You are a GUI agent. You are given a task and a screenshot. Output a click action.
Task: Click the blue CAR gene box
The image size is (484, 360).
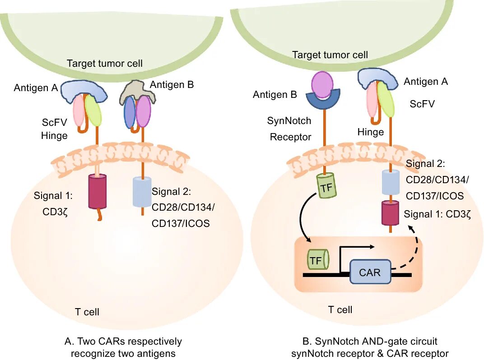[x=370, y=272]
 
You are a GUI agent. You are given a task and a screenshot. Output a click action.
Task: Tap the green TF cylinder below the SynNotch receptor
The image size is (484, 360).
[x=327, y=186]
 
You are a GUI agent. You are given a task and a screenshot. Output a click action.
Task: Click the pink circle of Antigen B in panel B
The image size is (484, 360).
[x=321, y=84]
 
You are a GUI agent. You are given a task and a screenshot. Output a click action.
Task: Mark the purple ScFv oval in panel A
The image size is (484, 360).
[x=144, y=112]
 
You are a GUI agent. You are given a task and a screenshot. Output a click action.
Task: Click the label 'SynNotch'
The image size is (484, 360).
[x=289, y=121]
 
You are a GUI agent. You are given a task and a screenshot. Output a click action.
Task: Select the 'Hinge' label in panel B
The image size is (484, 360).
[x=370, y=132]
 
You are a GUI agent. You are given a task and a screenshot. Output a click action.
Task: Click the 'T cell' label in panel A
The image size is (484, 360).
[x=87, y=312]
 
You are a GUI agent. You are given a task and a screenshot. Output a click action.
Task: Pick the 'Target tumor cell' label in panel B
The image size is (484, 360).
[x=330, y=55]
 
